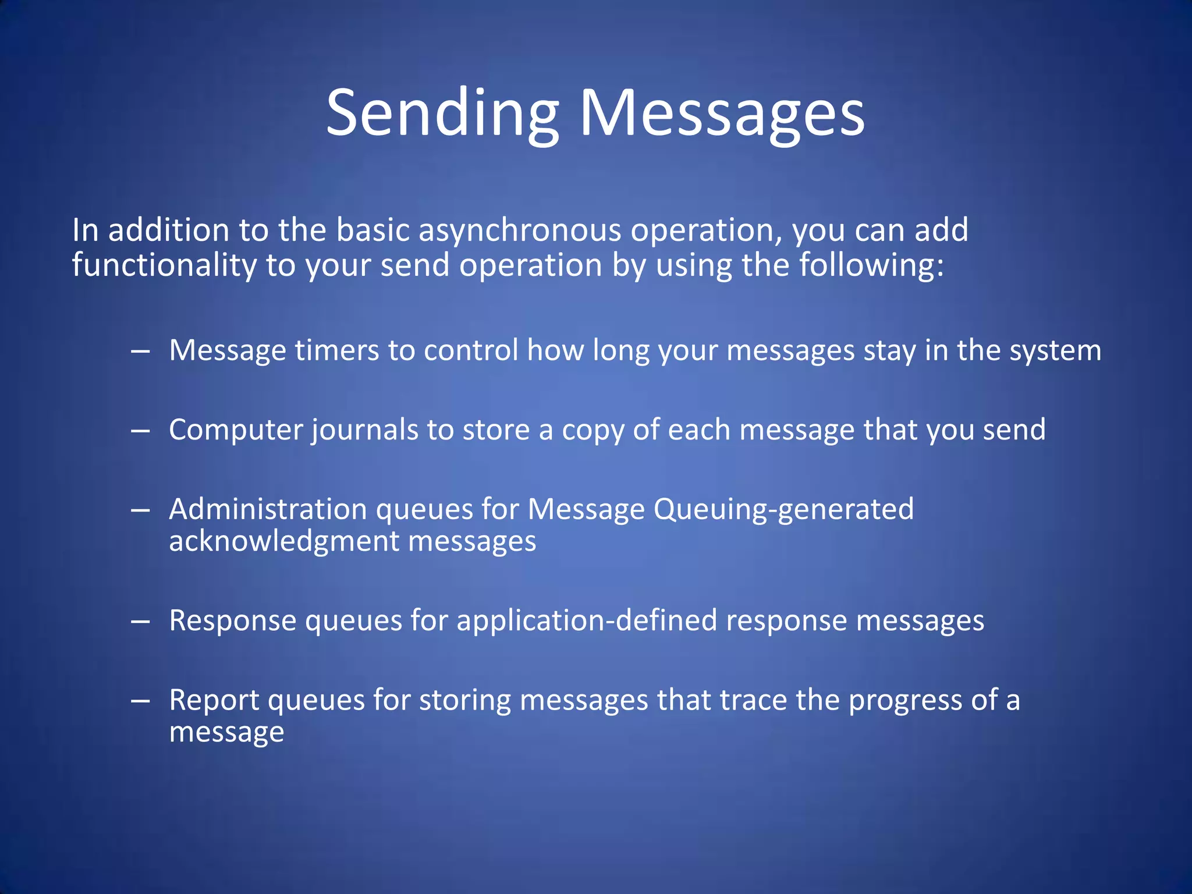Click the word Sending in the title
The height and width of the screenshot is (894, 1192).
(442, 113)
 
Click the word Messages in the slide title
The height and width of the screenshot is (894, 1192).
(722, 113)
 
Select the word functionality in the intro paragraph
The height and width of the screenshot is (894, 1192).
(164, 265)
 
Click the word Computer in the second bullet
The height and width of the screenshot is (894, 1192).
(235, 431)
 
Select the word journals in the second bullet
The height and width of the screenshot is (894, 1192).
(364, 431)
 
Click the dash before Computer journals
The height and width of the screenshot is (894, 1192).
(140, 431)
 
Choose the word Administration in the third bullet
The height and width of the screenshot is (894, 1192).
(267, 509)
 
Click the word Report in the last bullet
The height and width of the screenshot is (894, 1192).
(213, 701)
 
